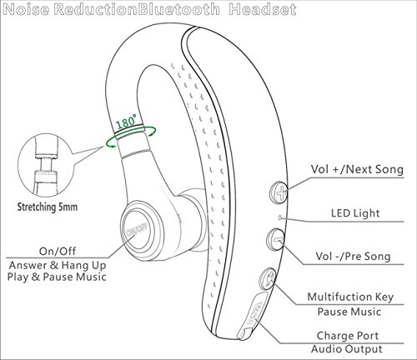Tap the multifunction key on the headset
tap(268, 277)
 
